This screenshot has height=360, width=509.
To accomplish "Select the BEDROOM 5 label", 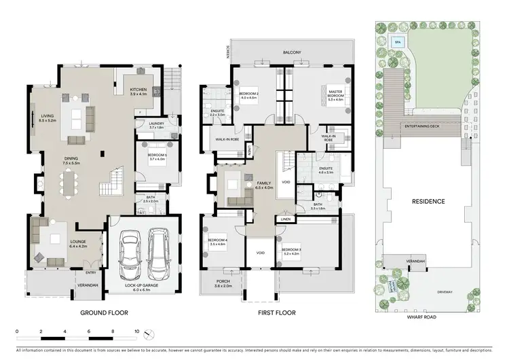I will (157, 156).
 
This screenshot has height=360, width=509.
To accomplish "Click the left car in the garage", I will (130, 255).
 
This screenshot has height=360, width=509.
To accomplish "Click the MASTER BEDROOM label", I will (335, 92).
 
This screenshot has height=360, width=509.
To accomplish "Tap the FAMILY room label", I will (264, 183).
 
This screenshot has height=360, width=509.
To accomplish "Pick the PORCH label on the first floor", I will (223, 283).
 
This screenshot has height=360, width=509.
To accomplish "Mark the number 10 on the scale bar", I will (137, 332).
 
